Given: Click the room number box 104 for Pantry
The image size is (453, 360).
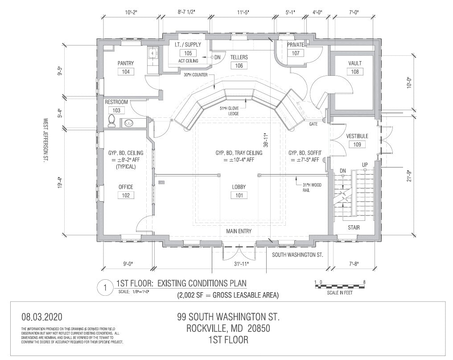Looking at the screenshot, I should (x=125, y=72).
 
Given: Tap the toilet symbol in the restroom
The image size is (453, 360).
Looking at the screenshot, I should (x=111, y=120).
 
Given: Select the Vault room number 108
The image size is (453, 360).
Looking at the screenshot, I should (x=355, y=71).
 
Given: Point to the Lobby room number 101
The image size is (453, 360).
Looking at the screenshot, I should (x=239, y=195).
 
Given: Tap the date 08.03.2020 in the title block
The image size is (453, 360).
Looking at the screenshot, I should (x=43, y=317).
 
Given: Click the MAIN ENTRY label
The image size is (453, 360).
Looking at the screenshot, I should (x=239, y=231).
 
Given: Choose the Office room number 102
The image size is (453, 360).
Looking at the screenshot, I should (x=126, y=195).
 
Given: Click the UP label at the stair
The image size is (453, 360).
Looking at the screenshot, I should (x=365, y=165).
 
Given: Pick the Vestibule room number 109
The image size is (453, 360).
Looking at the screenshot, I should (x=357, y=144).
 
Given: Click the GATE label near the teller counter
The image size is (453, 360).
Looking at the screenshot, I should (x=313, y=124).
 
